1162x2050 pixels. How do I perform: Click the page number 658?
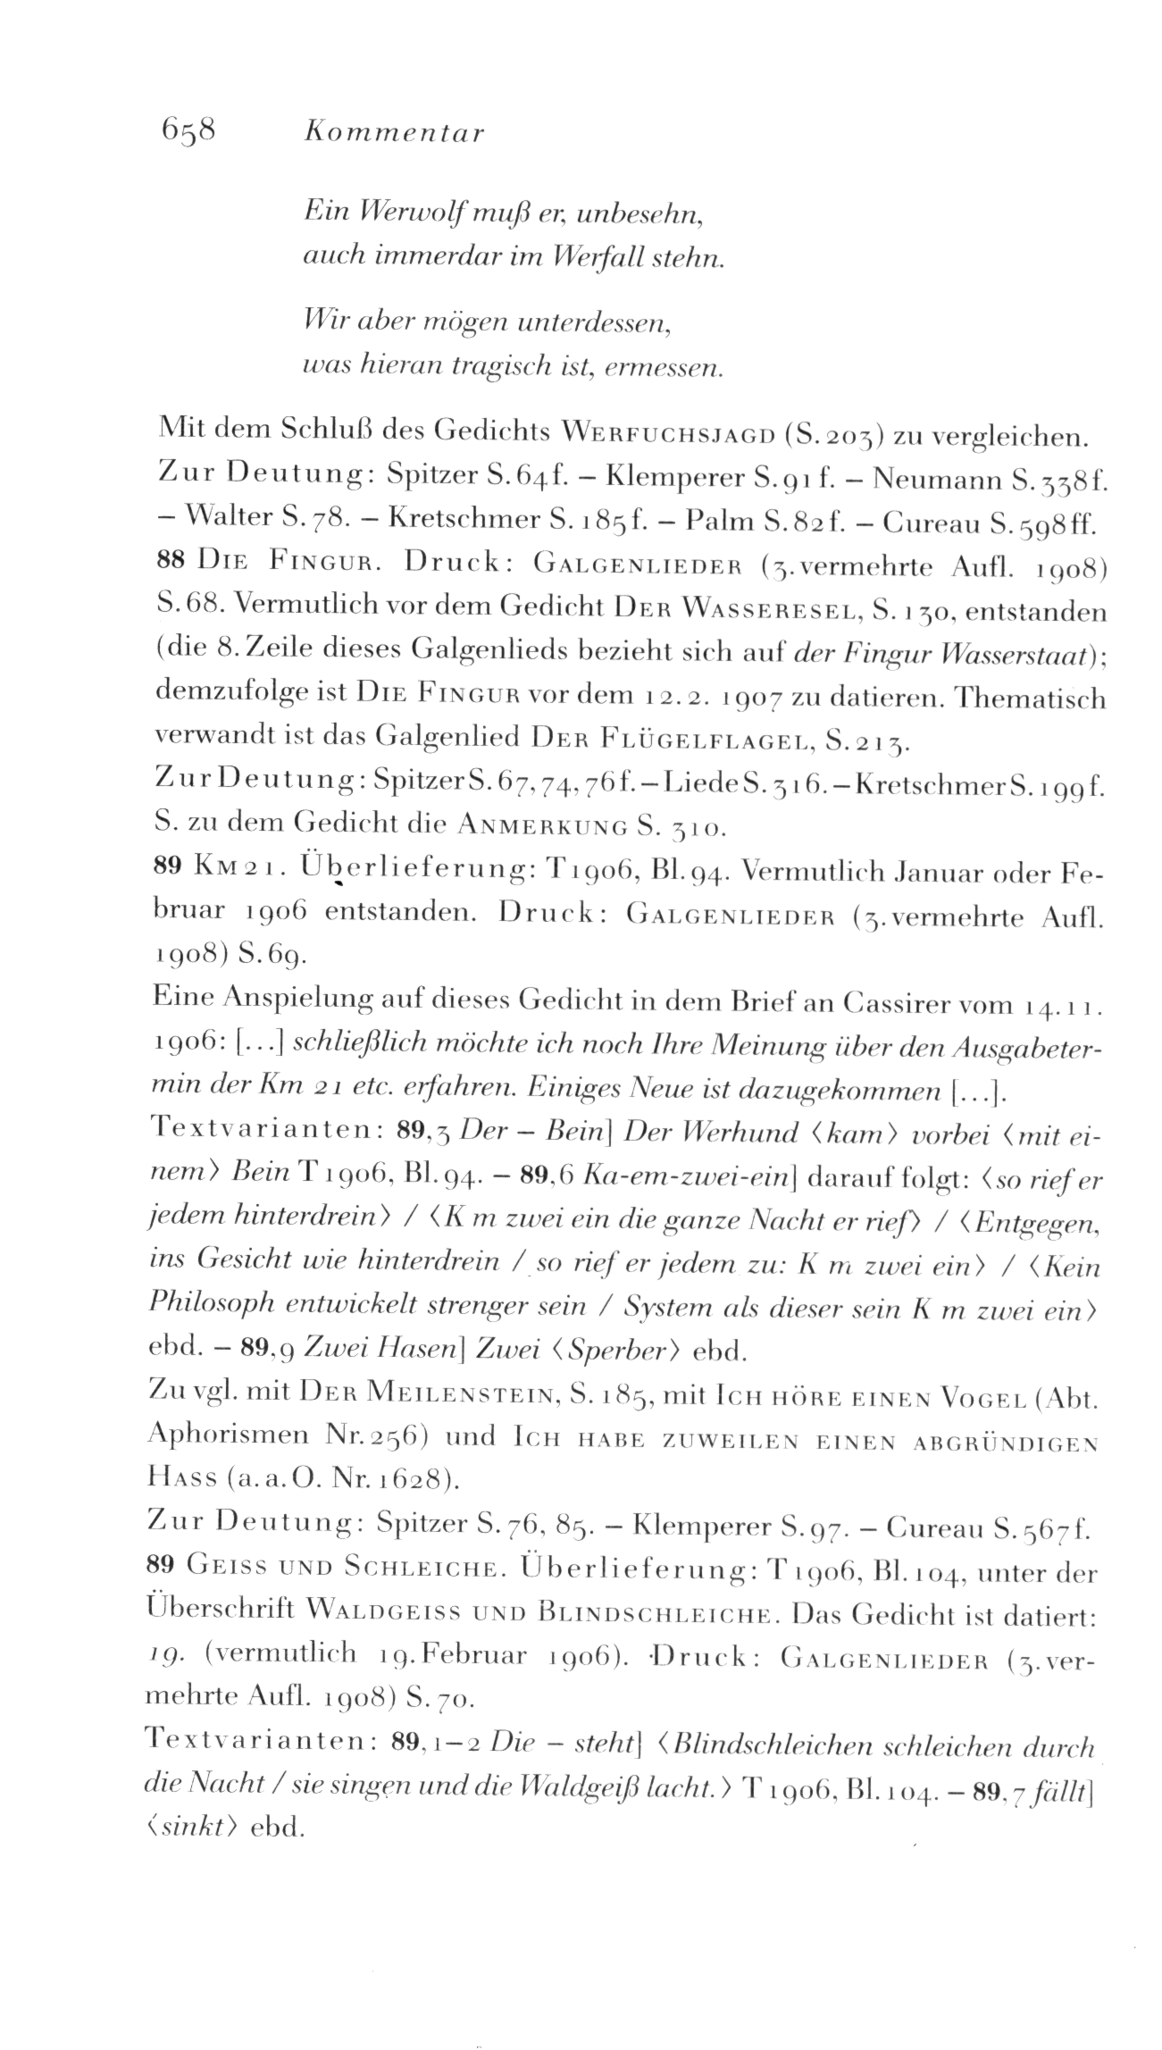coord(186,131)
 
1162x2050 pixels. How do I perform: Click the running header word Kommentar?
coord(394,133)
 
